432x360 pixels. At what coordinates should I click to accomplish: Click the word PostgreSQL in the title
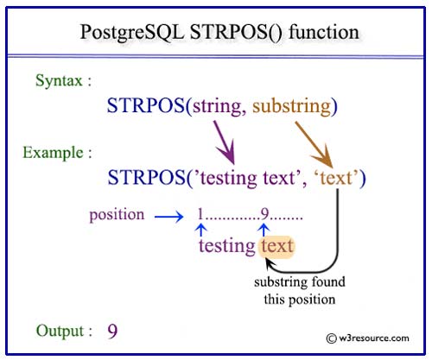pos(132,33)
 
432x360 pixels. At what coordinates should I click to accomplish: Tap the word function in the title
pos(324,31)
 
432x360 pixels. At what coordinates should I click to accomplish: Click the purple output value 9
pos(112,332)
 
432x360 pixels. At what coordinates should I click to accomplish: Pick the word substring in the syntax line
pos(292,106)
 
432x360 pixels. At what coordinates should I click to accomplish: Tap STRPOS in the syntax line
pos(146,105)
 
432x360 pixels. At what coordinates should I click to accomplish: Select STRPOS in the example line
pos(146,177)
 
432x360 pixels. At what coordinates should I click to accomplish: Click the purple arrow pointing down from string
pos(225,142)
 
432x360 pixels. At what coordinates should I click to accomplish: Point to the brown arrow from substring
pos(314,145)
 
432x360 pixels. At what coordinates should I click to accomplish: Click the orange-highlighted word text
pos(276,247)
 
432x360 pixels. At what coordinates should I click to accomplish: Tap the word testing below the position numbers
pos(226,247)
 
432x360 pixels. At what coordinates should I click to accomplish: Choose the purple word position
pos(117,215)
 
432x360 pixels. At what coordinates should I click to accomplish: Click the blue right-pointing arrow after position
pos(168,217)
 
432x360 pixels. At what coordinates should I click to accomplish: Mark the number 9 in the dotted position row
pos(264,214)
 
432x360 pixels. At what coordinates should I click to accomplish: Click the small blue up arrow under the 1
pos(201,231)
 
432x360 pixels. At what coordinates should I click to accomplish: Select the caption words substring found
pos(300,282)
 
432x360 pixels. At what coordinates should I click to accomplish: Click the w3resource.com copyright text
pos(367,338)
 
